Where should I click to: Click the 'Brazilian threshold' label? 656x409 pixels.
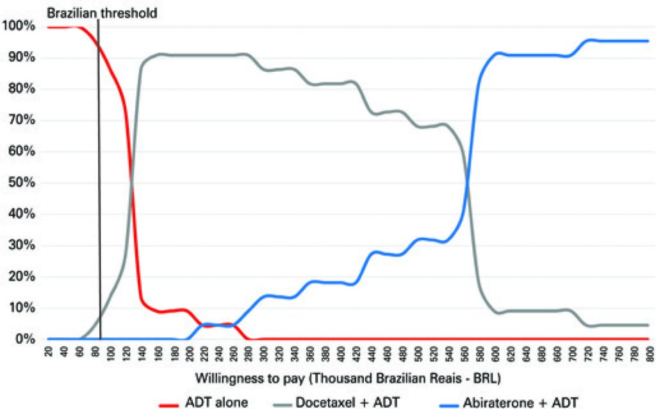[102, 12]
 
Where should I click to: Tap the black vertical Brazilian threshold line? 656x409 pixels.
[99, 192]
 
